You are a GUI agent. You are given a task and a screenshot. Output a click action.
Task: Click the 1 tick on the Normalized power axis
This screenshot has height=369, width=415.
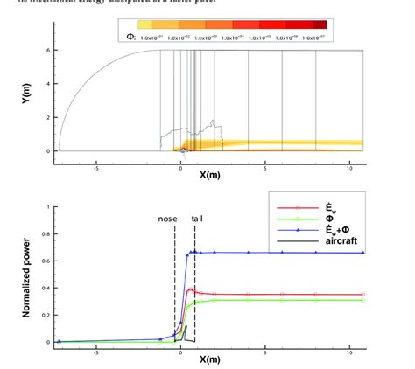(49, 207)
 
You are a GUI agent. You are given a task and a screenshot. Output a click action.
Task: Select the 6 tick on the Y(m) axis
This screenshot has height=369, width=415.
(49, 51)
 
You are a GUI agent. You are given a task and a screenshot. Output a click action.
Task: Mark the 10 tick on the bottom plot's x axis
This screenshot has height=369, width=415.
(350, 351)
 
